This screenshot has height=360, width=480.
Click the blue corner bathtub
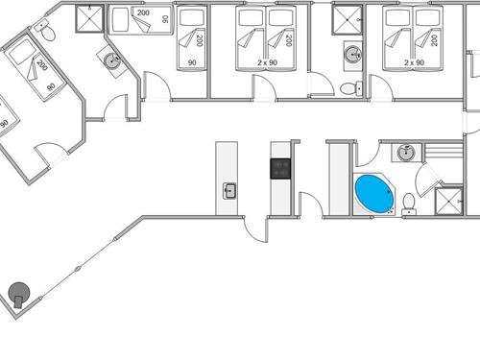coord(374,194)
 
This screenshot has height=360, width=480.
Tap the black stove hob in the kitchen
coord(281,169)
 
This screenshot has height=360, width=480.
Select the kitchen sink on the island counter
coord(229,190)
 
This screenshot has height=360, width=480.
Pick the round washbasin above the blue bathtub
coord(407,152)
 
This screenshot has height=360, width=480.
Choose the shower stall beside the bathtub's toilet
coord(447,202)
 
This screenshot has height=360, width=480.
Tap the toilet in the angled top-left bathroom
coord(46,31)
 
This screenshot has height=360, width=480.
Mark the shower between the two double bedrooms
coord(347,15)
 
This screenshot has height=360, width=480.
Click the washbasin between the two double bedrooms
coord(350,52)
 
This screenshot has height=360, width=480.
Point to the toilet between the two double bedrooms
coord(349,88)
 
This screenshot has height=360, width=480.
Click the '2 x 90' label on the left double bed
coord(268,61)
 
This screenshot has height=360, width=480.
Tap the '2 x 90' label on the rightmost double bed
coord(415,61)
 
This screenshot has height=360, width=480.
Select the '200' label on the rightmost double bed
coord(434,40)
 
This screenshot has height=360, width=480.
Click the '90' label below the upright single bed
coord(192,61)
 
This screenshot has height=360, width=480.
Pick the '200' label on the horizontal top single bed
coord(142,13)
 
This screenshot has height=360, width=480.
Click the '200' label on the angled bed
coord(41,66)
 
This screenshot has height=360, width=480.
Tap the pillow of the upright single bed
coord(192,17)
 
